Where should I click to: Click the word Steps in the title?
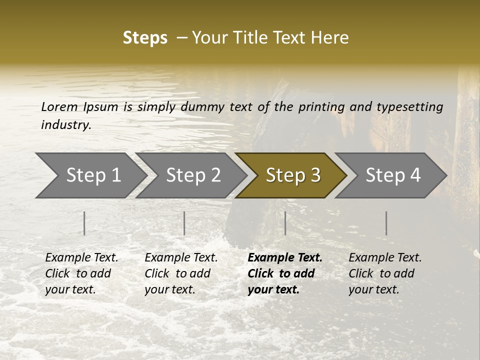145,38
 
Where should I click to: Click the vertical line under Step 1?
84,223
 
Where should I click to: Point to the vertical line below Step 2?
184,223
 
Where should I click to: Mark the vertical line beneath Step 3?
285,223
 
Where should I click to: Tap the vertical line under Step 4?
386,223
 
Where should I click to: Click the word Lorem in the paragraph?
59,107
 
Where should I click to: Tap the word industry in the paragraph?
66,125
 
